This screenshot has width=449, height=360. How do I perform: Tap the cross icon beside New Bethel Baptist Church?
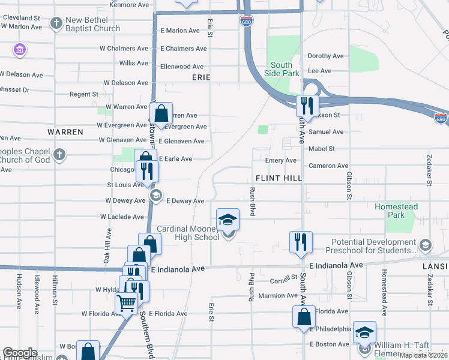pyautogui.click(x=56, y=24)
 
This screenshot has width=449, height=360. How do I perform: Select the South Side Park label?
pyautogui.click(x=282, y=69)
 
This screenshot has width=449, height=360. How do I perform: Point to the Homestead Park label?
pyautogui.click(x=396, y=210)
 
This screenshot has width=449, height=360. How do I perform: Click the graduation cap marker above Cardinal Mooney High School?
pyautogui.click(x=228, y=220)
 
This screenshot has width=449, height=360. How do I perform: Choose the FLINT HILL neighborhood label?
pyautogui.click(x=278, y=178)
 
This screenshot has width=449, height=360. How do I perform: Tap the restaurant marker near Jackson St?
pyautogui.click(x=307, y=106)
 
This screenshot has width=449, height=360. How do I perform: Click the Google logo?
pyautogui.click(x=20, y=353)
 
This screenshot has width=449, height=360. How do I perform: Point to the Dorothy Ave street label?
pyautogui.click(x=325, y=56)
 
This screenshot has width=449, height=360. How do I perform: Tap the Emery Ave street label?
pyautogui.click(x=282, y=161)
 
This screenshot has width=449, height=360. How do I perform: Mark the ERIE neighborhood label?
pyautogui.click(x=200, y=78)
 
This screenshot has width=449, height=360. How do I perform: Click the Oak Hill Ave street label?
pyautogui.click(x=108, y=245)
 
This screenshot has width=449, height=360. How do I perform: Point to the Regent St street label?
pyautogui.click(x=84, y=94)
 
